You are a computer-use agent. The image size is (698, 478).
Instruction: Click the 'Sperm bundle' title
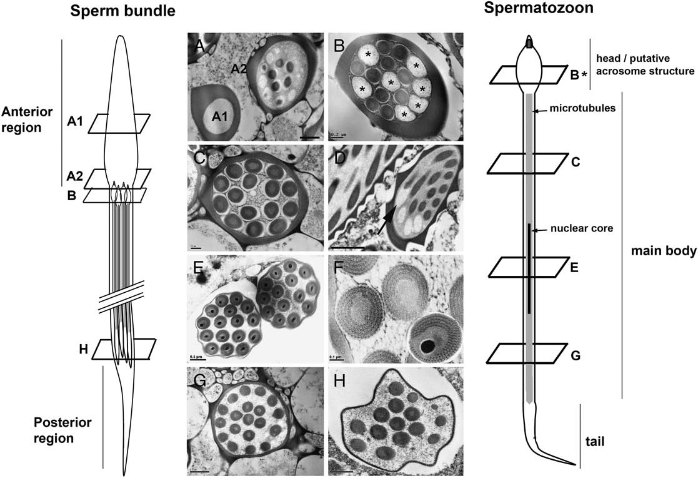tap(123, 11)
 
